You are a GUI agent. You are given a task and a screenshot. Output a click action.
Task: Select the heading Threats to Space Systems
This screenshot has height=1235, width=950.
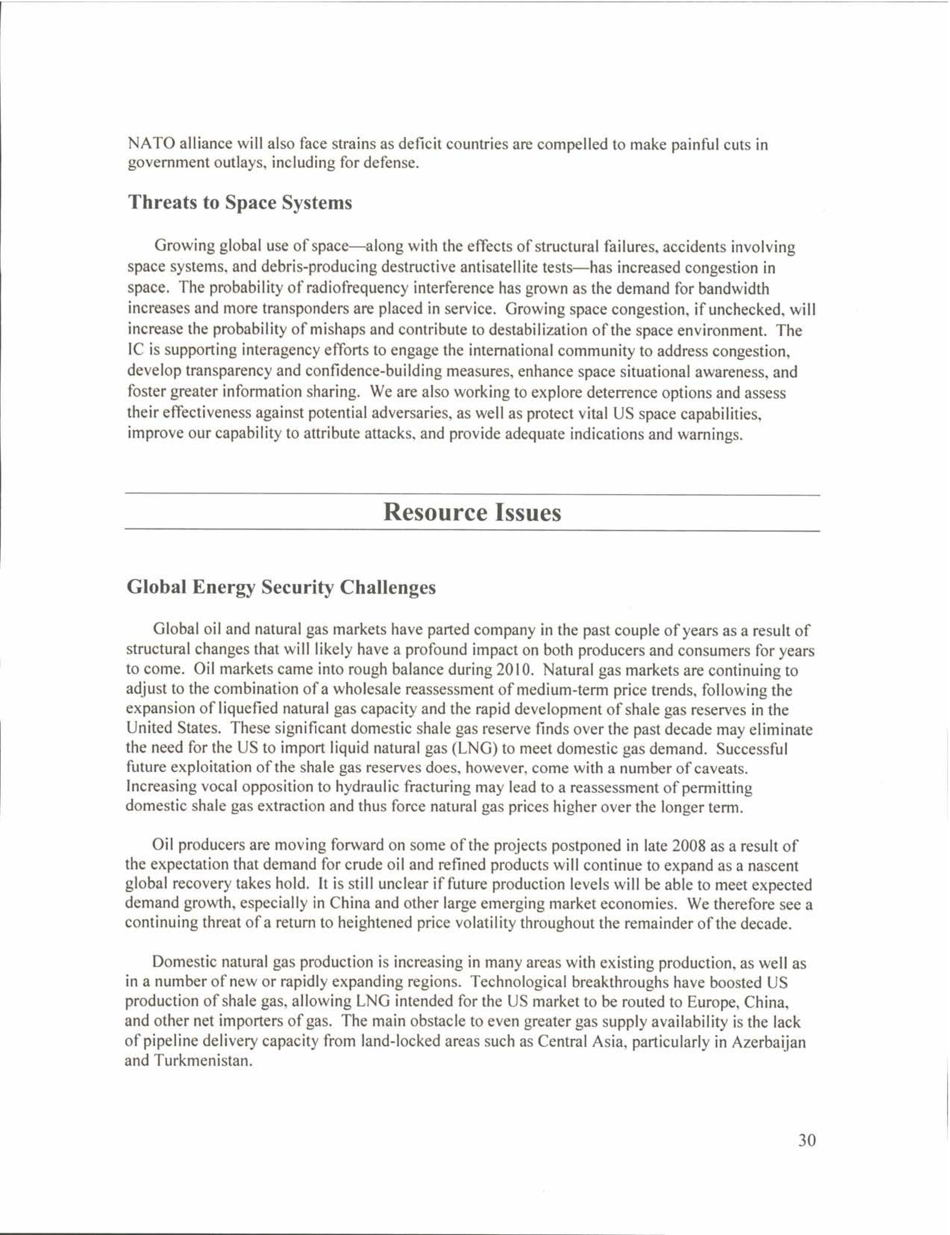240,203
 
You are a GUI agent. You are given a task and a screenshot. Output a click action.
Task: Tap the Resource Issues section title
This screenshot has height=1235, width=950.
472,512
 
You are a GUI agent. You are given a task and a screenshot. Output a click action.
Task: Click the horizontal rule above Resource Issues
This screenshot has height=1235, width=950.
472,495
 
